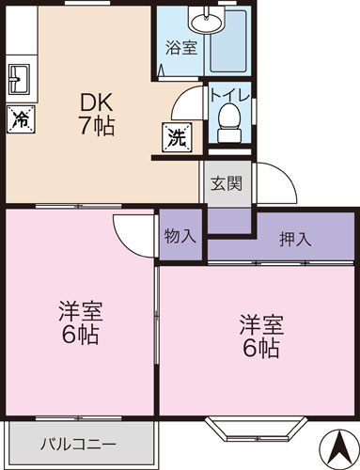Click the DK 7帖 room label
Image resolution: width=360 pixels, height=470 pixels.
95,114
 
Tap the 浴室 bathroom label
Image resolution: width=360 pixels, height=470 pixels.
181,47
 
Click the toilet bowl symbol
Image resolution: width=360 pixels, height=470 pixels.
227,118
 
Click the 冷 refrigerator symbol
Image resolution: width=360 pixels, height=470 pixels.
20,118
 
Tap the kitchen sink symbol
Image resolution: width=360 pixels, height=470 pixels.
20,79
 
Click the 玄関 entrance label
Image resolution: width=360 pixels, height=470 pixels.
227,182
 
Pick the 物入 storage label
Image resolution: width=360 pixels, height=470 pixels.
180,235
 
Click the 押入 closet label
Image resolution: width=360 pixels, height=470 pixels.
295,239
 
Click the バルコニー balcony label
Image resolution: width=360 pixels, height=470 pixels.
78,444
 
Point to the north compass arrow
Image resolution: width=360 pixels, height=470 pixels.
336,446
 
